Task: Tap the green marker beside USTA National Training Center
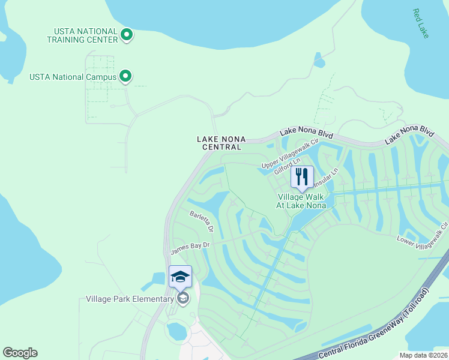126,35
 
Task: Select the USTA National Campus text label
72,76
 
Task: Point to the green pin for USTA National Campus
125,76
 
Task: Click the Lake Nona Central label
219,143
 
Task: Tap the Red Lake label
421,23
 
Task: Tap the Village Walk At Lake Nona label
301,201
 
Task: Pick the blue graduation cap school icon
180,277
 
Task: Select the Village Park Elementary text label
130,299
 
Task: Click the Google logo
20,353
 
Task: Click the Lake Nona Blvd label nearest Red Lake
409,134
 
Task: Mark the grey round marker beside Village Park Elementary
183,298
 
